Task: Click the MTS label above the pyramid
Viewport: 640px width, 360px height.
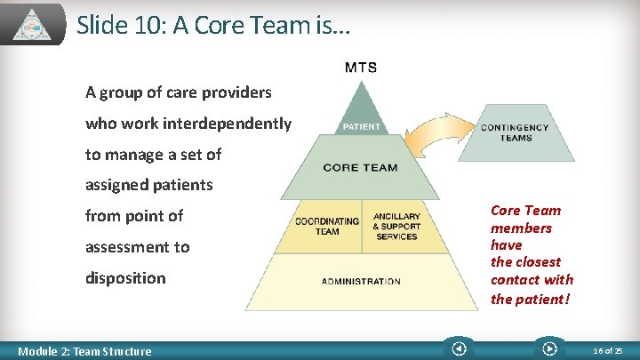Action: pyautogui.click(x=361, y=67)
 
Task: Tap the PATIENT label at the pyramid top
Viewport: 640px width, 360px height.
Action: pyautogui.click(x=361, y=126)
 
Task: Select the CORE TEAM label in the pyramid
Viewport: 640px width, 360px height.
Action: pyautogui.click(x=360, y=167)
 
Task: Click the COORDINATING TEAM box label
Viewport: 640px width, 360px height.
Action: pyautogui.click(x=327, y=226)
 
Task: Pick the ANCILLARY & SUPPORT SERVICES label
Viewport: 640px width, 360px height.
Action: pyautogui.click(x=396, y=226)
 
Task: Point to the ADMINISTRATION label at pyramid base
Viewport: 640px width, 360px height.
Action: pyautogui.click(x=360, y=282)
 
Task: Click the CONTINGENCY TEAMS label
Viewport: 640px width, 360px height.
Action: pyautogui.click(x=515, y=132)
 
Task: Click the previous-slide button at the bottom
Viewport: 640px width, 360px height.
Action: pyautogui.click(x=459, y=349)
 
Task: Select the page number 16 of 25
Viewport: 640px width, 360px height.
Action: pyautogui.click(x=608, y=351)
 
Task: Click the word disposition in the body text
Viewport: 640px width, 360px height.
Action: pyautogui.click(x=125, y=277)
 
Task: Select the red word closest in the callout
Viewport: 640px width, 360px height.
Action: pyautogui.click(x=538, y=262)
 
